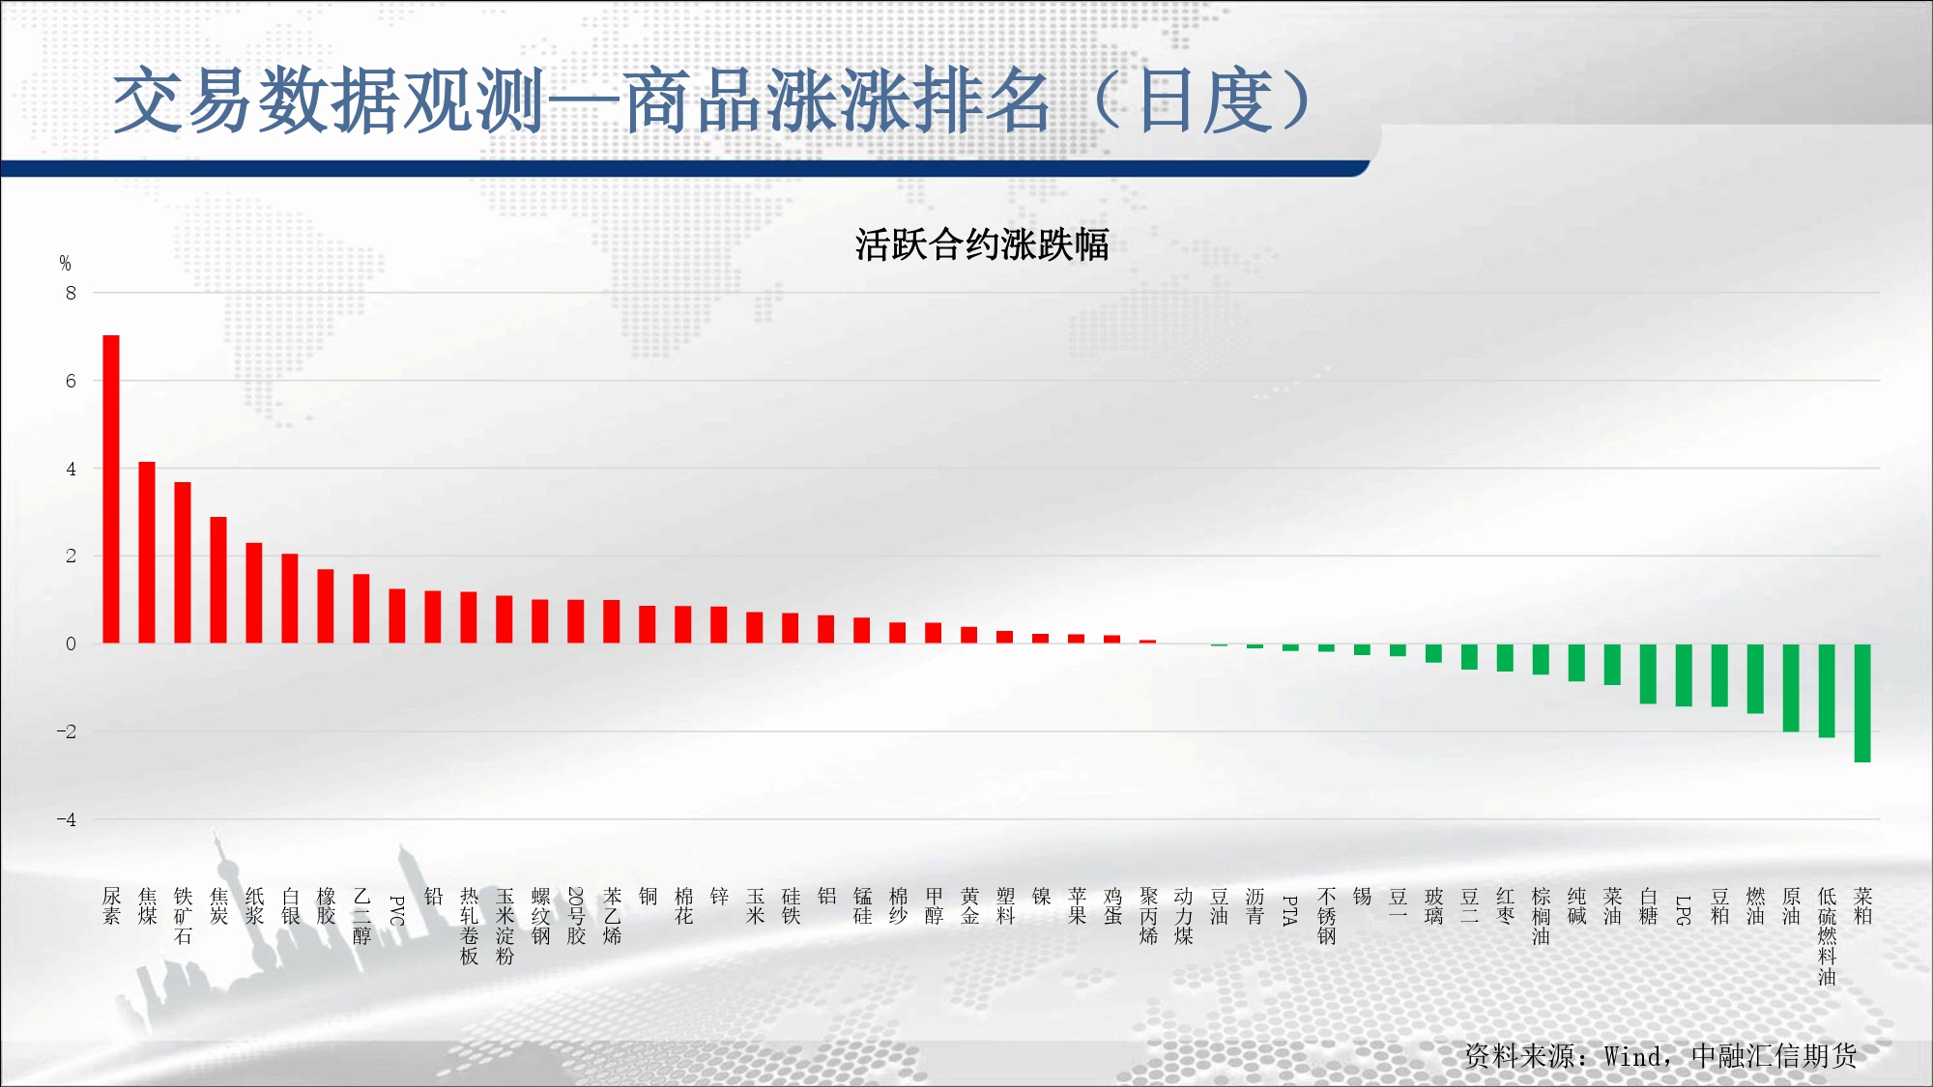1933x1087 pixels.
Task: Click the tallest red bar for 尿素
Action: pos(111,489)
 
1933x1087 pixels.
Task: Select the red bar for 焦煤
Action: pos(147,553)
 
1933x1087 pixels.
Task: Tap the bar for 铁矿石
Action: pos(183,562)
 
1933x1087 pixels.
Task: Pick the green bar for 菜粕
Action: pos(1862,703)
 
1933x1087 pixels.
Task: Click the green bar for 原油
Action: pos(1791,688)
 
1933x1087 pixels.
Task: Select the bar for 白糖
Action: pos(1648,674)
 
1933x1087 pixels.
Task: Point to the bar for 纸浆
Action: pos(254,593)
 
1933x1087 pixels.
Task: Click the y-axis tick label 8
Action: pos(71,293)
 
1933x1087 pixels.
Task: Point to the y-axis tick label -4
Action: pos(66,819)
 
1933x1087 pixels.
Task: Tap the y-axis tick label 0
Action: pos(71,644)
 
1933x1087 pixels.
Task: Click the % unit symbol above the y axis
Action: pos(65,263)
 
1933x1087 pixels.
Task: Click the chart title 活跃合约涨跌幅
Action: pos(982,244)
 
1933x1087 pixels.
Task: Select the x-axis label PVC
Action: pos(397,910)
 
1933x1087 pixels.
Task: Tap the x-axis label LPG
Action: pos(1684,910)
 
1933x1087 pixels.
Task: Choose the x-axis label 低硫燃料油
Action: pos(1827,936)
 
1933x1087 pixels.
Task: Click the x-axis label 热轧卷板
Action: pos(469,927)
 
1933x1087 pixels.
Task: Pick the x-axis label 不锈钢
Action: pos(1326,916)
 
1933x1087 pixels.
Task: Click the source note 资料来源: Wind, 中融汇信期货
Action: pos(1660,1056)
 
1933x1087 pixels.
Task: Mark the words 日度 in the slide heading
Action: pos(1205,100)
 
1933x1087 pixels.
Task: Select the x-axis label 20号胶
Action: pos(576,916)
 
